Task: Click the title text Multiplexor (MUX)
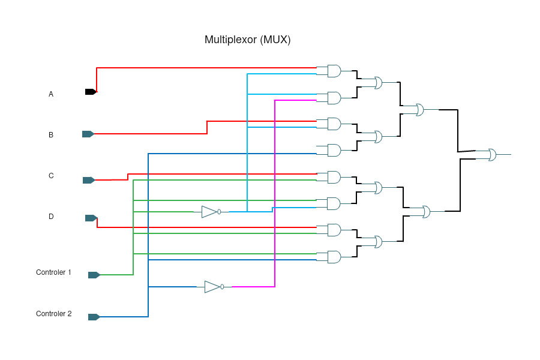(x=247, y=40)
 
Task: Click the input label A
(x=51, y=94)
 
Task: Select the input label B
(x=51, y=135)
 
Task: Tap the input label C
(x=51, y=176)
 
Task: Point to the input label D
(x=51, y=217)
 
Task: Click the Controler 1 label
(x=53, y=272)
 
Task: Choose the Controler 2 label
(x=53, y=314)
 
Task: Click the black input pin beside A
(x=91, y=92)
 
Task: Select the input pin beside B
(x=88, y=134)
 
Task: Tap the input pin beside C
(x=88, y=180)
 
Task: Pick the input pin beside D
(x=91, y=218)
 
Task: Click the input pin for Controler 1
(x=94, y=275)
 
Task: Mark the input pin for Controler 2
(x=94, y=317)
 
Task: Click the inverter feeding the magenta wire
(x=213, y=287)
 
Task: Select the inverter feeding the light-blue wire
(x=210, y=211)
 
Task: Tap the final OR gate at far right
(x=492, y=155)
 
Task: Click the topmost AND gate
(x=334, y=71)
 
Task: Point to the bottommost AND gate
(x=334, y=257)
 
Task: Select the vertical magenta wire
(x=275, y=192)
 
